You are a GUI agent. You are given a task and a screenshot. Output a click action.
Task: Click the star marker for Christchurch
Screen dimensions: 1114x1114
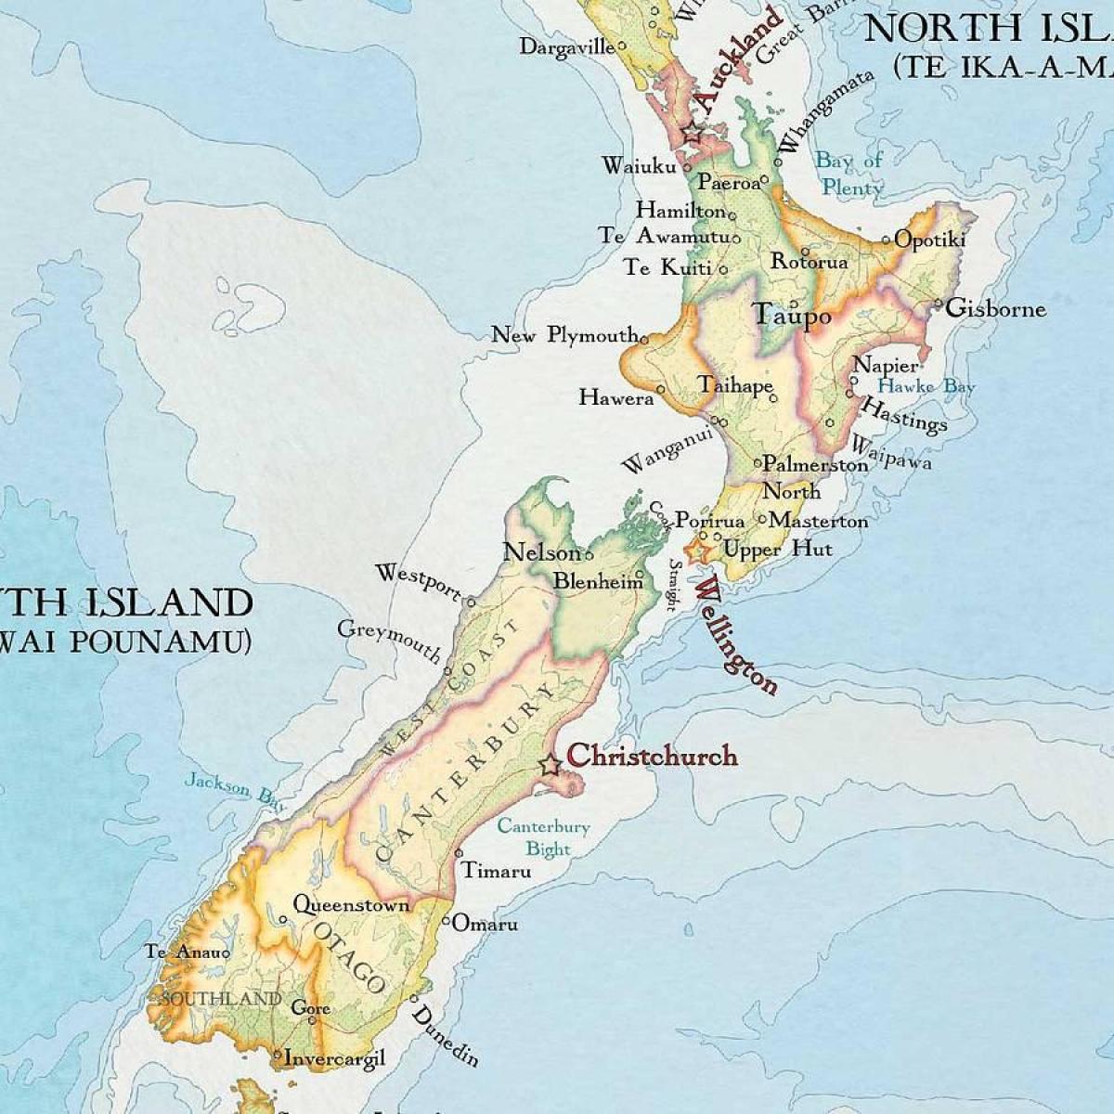[550, 766]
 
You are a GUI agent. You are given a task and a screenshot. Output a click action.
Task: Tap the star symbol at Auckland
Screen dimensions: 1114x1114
[693, 134]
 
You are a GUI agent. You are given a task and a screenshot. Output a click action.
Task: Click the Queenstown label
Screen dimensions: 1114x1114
[351, 904]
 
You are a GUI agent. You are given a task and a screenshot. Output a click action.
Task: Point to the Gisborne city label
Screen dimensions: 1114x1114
[995, 308]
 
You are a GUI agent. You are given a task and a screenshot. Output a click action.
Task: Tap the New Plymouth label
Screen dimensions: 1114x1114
[563, 335]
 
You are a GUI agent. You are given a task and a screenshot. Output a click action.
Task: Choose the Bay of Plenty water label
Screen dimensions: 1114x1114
[849, 174]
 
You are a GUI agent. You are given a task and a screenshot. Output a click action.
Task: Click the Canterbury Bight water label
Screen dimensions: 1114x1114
[544, 836]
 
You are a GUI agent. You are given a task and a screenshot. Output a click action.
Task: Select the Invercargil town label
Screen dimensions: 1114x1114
[334, 1057]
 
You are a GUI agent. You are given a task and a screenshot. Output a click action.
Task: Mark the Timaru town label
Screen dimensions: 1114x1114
[497, 871]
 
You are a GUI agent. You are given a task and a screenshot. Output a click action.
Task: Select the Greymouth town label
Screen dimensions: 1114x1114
[390, 641]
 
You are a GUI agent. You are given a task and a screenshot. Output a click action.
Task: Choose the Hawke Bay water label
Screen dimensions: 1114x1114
[926, 386]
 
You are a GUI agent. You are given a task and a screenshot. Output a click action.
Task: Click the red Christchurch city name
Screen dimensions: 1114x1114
[652, 756]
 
